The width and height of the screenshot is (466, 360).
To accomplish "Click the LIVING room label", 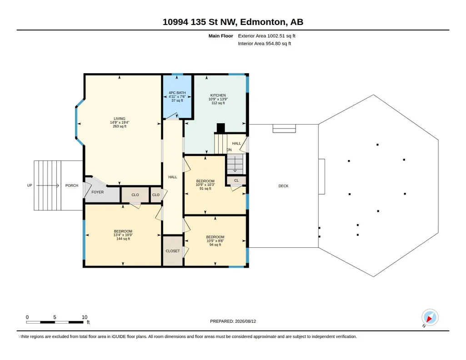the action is (120, 119).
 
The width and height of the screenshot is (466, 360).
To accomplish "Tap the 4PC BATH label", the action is (177, 93).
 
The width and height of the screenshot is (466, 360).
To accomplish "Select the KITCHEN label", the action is (218, 95).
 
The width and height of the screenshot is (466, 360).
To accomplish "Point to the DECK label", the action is (284, 186).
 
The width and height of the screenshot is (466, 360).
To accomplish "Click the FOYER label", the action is (97, 192).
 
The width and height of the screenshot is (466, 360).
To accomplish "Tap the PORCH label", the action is (72, 185).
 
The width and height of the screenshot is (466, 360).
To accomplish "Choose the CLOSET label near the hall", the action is (173, 251).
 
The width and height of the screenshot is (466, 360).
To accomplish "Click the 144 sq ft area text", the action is (123, 239).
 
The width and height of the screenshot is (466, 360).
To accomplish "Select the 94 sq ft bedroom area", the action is (215, 245).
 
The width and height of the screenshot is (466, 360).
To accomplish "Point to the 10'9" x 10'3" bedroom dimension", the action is (205, 185).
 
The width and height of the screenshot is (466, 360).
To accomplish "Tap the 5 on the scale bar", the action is (55, 317).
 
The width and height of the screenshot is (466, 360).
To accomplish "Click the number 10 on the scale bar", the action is (85, 317).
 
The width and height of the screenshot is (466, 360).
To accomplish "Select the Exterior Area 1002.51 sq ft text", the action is (266, 36).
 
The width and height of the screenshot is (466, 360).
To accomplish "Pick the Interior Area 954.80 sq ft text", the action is (265, 43).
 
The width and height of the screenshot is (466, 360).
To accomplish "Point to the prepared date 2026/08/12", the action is (246, 321).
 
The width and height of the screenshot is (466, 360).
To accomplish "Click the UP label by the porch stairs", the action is (30, 185).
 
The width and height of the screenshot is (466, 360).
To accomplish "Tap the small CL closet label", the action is (236, 180).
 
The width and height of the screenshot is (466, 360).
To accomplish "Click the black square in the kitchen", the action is (221, 128).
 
